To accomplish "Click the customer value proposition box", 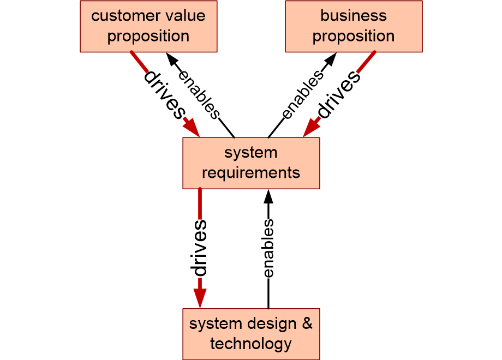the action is [x=148, y=26].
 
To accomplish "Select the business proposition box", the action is [x=354, y=26].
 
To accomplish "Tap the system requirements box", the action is [x=252, y=163].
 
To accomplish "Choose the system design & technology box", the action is [x=252, y=334].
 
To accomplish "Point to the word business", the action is [x=354, y=15].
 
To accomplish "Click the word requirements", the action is [x=251, y=173].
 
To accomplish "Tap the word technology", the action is [x=251, y=344].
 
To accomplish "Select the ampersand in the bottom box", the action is [x=307, y=323].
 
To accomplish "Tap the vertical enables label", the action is [x=268, y=248].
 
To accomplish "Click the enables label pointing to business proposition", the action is [x=302, y=94].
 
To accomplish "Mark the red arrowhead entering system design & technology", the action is [x=200, y=298].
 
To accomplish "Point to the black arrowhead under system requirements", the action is [x=268, y=197].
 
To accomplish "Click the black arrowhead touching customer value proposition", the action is [x=172, y=59].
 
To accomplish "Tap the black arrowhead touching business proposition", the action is [x=331, y=59].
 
